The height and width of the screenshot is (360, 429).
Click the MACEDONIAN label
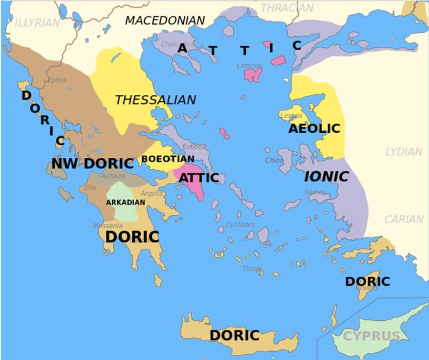165,21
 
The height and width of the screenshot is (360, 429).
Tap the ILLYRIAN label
37,23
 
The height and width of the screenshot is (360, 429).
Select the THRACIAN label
287,8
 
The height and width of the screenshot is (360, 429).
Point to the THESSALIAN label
155,100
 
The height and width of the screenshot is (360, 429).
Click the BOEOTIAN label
168,159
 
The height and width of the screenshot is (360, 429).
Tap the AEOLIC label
314,128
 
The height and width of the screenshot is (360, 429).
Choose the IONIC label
326,177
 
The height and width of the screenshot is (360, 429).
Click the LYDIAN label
403,152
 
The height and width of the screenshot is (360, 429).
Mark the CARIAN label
403,219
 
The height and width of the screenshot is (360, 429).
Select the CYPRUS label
371,336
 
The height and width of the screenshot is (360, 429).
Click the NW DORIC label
93,164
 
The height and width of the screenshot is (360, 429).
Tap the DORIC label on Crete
235,335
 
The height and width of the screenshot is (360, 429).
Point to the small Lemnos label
249,66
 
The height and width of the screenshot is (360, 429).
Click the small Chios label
274,161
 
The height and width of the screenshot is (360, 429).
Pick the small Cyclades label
240,224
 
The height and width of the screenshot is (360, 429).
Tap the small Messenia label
108,226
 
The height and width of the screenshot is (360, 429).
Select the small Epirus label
57,80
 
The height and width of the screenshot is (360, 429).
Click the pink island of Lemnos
252,74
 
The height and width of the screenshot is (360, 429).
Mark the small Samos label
315,193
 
